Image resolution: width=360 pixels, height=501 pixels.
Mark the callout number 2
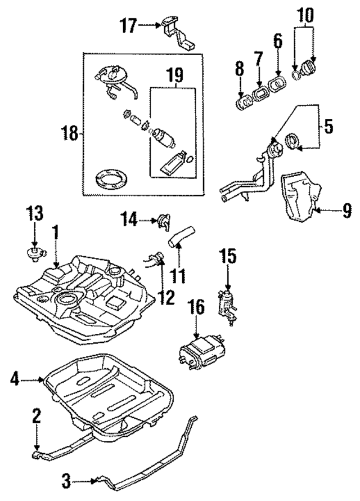(x=37, y=417)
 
